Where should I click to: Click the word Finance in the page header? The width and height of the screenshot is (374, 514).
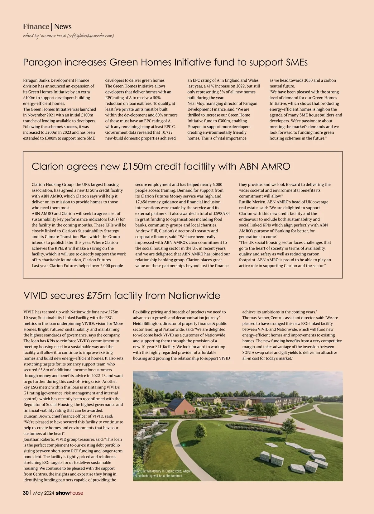coord(36,26)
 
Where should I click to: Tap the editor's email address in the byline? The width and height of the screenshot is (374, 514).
coord(90,36)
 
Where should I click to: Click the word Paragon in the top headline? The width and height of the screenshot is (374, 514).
coord(43,62)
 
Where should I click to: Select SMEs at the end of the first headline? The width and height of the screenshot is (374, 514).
coord(297,62)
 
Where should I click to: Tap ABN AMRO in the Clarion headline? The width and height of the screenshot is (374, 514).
coord(265,166)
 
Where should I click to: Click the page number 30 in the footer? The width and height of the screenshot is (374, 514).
coord(26,493)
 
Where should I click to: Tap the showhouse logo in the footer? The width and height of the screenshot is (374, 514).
coord(69,493)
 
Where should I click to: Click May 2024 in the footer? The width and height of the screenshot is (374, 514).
coord(44,493)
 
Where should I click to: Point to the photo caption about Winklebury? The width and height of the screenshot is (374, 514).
coord(163,474)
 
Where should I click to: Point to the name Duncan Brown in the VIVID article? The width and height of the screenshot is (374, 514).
coord(37,416)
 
